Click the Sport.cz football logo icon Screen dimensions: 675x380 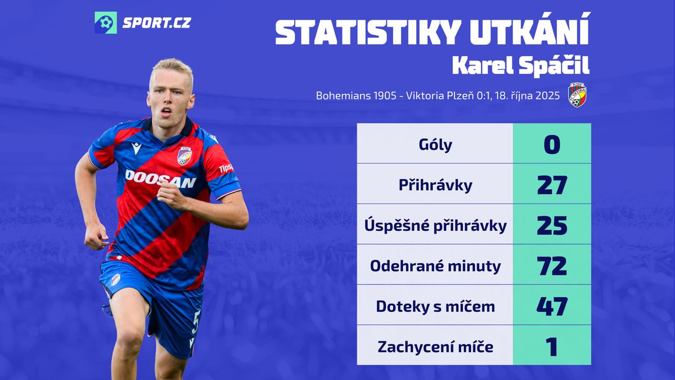pyautogui.click(x=106, y=23)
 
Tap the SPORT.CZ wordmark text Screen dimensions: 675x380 pyautogui.click(x=157, y=23)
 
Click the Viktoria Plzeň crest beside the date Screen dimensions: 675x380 pyautogui.click(x=577, y=95)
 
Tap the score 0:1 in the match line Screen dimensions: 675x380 pyautogui.click(x=483, y=96)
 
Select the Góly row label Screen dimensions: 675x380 pyautogui.click(x=435, y=145)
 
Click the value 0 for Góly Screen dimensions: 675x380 pyautogui.click(x=552, y=145)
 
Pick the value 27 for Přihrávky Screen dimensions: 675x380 pyautogui.click(x=552, y=185)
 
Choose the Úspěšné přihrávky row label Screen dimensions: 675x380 pyautogui.click(x=435, y=226)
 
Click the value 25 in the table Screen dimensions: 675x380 pyautogui.click(x=552, y=226)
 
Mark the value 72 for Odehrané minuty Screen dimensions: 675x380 pyautogui.click(x=552, y=266)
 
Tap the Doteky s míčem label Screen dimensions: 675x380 pyautogui.click(x=435, y=306)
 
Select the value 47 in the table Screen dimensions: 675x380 pyautogui.click(x=552, y=306)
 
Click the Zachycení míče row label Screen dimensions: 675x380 pyautogui.click(x=435, y=347)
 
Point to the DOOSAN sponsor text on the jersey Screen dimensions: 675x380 pyautogui.click(x=160, y=179)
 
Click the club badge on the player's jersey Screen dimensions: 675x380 pyautogui.click(x=184, y=156)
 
